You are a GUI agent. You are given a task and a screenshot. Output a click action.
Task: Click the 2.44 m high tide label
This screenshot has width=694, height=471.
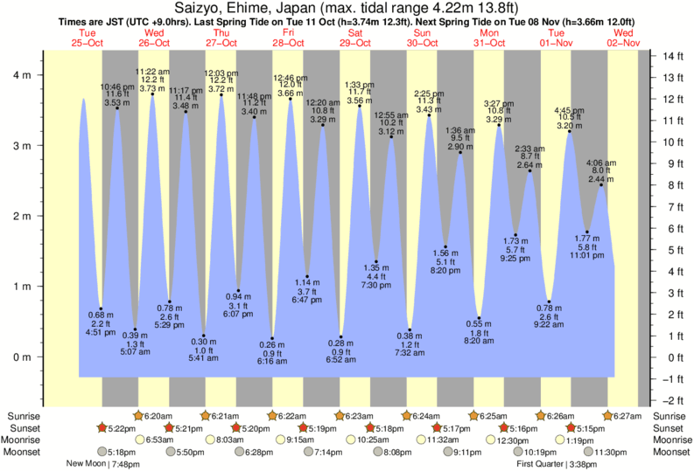click(x=601, y=179)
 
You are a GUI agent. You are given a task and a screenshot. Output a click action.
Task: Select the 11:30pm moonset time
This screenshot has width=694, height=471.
click(x=612, y=452)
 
